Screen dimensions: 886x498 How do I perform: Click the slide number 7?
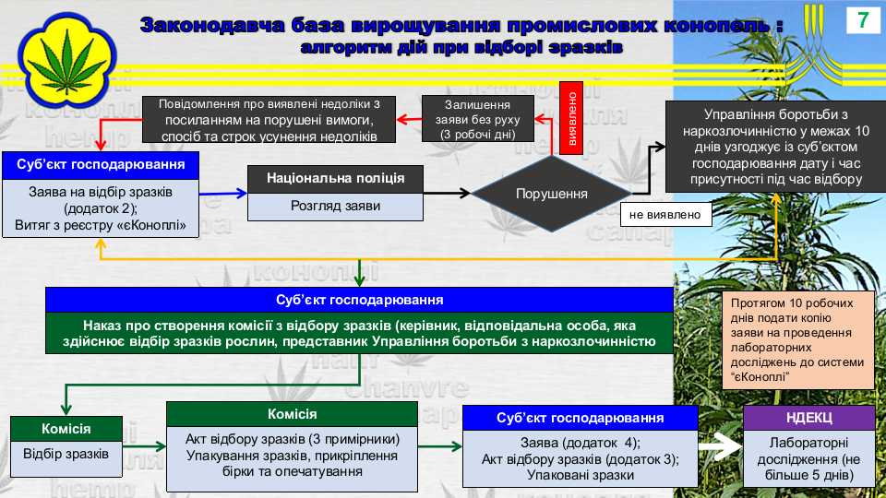[x=863, y=20]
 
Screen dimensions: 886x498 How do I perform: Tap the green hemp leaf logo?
[x=66, y=61]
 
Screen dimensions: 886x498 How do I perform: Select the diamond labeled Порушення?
[x=552, y=194]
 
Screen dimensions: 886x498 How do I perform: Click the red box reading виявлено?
[x=571, y=118]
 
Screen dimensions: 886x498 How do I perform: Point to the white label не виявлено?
[x=665, y=215]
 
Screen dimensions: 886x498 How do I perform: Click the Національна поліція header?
[x=336, y=179]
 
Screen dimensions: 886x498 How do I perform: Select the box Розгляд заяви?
[x=336, y=207]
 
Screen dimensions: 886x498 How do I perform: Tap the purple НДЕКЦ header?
[x=809, y=418]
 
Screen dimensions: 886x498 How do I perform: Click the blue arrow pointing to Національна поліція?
[x=223, y=194]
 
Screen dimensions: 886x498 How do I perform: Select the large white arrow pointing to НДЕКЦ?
[x=721, y=446]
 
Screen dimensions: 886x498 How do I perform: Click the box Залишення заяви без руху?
[x=477, y=119]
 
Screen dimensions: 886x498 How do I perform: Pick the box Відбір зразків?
[x=66, y=455]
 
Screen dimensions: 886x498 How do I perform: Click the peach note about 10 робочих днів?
[x=797, y=340]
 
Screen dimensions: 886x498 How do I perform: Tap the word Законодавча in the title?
[x=212, y=26]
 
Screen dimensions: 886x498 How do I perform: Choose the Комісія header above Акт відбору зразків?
[x=293, y=414]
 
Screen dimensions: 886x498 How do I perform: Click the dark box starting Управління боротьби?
[x=776, y=147]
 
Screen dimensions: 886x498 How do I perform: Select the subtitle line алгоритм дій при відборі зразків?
[x=461, y=47]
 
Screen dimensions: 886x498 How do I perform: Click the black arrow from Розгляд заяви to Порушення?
[x=447, y=194]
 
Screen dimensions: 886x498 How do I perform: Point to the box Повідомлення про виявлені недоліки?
[x=269, y=119]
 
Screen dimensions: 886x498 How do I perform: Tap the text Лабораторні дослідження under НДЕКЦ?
[x=809, y=459]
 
